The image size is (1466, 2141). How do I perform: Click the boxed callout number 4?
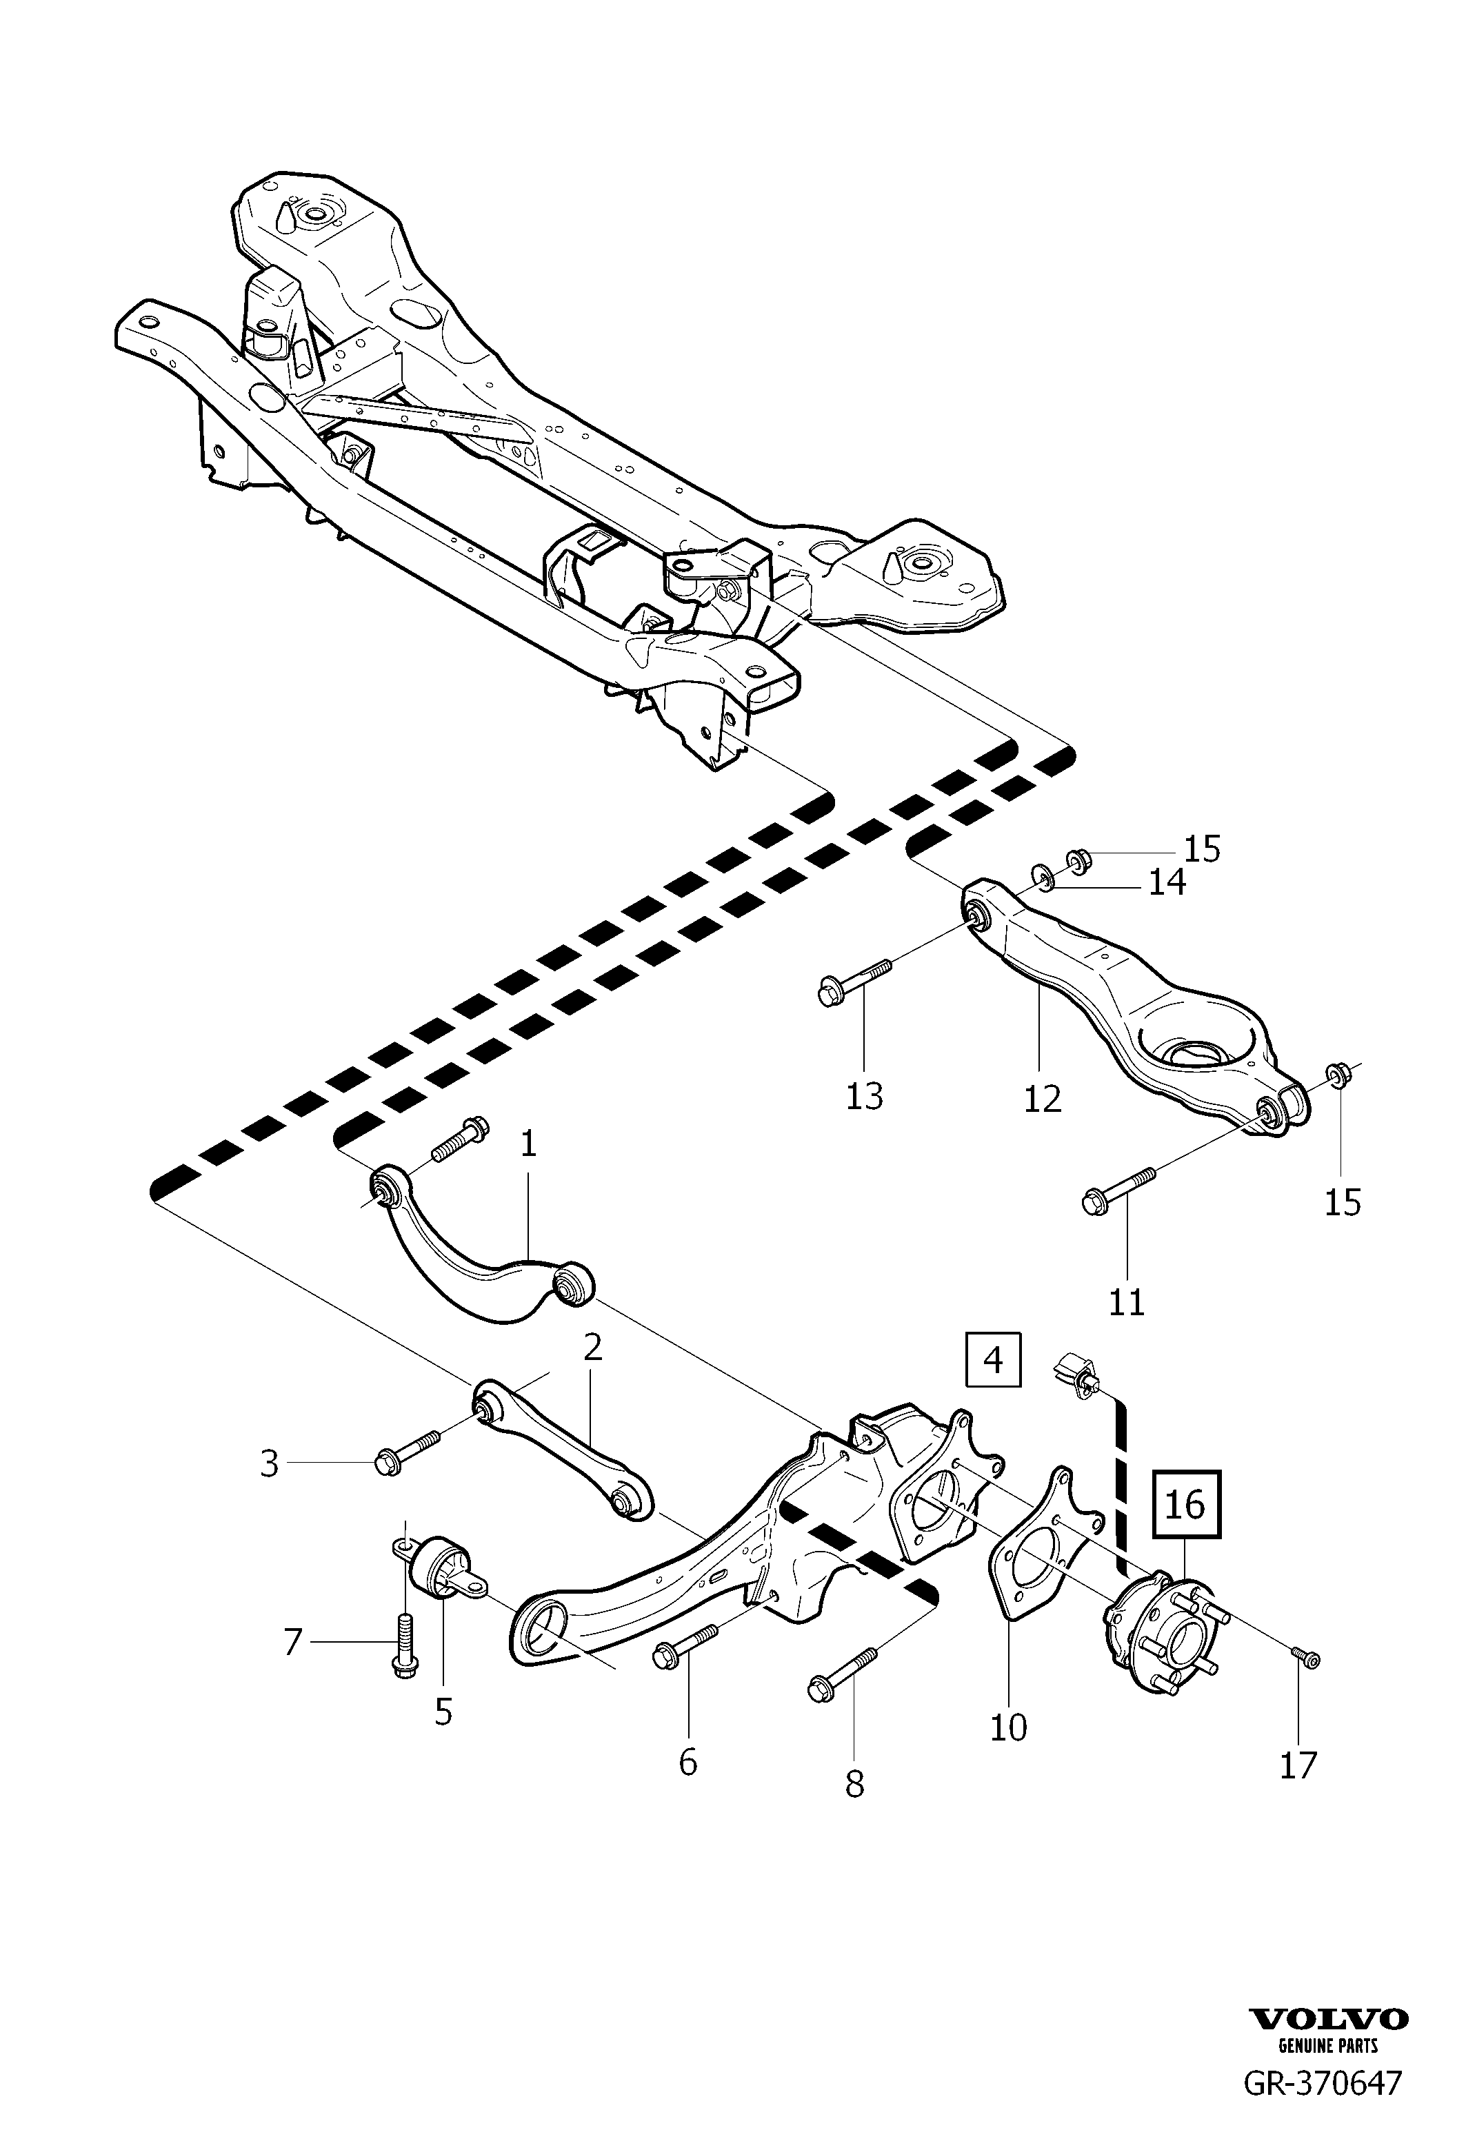click(993, 1359)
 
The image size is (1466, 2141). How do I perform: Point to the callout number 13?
click(864, 1095)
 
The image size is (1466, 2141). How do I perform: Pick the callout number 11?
click(1126, 1301)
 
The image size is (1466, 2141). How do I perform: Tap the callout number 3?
click(269, 1463)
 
